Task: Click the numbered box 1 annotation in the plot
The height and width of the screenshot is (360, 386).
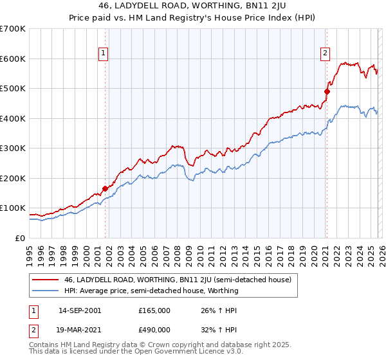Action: [104, 54]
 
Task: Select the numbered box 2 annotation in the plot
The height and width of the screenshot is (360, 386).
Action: [326, 54]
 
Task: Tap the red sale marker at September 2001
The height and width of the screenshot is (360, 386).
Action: [105, 188]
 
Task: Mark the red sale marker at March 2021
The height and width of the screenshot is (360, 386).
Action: [327, 91]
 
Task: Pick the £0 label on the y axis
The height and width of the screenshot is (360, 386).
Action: [20, 238]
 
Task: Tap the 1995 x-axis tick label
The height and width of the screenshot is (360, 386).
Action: [30, 251]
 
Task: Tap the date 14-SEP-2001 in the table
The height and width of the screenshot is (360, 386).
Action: [80, 310]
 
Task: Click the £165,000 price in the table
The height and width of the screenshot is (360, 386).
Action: [154, 310]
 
